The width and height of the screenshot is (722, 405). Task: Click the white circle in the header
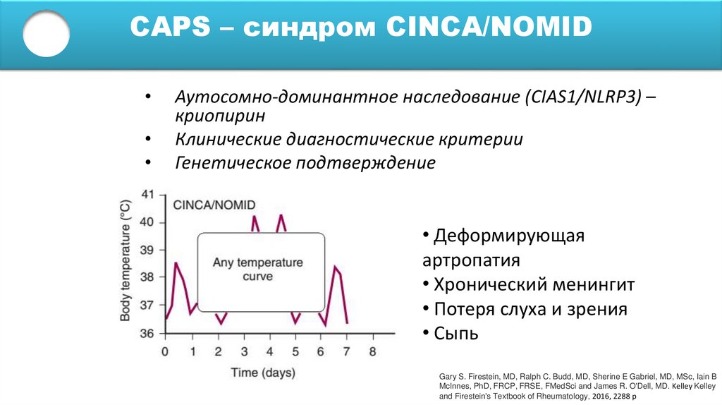pos(47,33)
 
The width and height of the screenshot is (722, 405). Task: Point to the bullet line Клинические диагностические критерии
pos(349,139)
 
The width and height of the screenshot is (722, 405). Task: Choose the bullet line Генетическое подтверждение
pos(305,163)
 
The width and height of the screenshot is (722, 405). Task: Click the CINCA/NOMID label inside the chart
pos(214,204)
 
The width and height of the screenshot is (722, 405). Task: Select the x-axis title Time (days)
pos(263,373)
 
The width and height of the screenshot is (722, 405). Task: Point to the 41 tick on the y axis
pos(147,194)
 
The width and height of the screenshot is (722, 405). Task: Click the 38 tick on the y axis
pos(147,278)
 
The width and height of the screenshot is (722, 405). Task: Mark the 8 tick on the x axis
pos(373,351)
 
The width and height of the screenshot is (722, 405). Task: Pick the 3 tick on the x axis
pos(244,351)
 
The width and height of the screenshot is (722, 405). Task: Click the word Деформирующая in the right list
pos(509,235)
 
